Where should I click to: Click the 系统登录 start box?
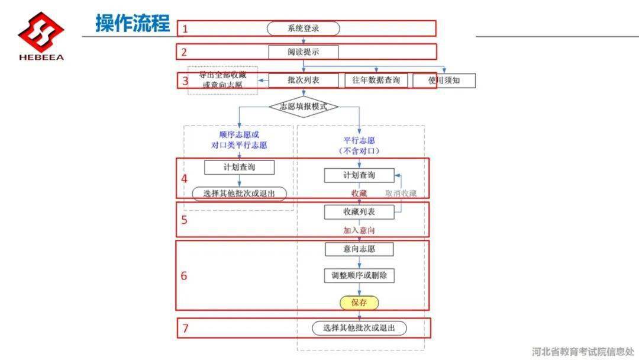tap(303, 28)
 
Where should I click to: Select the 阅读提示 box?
tap(303, 52)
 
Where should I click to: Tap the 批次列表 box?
tap(303, 81)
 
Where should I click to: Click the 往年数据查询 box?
tap(376, 81)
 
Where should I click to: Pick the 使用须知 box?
tap(444, 81)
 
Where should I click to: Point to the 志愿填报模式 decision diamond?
tap(303, 107)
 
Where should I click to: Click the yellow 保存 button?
tap(359, 303)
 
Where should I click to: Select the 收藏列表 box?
tap(359, 212)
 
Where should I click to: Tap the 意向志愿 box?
tap(359, 249)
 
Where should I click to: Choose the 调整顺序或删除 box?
tap(359, 275)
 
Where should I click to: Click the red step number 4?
tap(184, 179)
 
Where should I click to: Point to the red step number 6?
tap(184, 276)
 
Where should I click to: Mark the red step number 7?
tap(185, 328)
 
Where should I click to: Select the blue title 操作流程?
tap(133, 23)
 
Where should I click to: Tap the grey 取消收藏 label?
tap(401, 193)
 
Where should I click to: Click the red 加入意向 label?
tap(359, 230)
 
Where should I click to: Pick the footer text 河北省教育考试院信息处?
tap(583, 351)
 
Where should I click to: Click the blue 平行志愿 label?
tap(359, 141)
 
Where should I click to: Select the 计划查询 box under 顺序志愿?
tap(239, 167)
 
